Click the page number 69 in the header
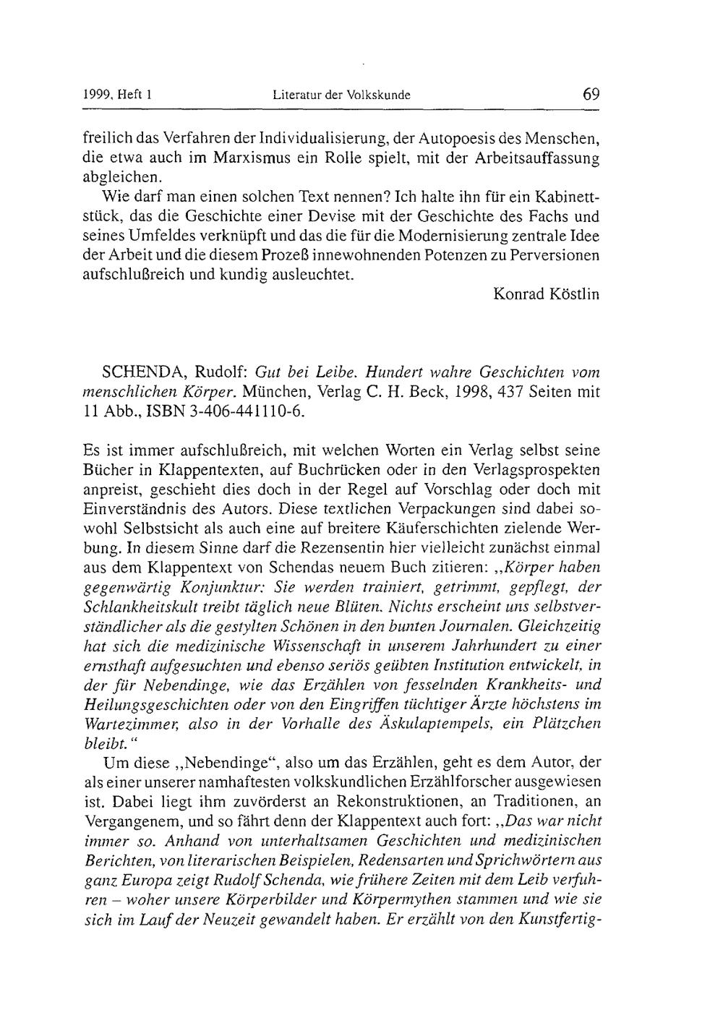tap(591, 94)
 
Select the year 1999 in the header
tap(96, 95)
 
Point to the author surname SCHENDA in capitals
tap(145, 372)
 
